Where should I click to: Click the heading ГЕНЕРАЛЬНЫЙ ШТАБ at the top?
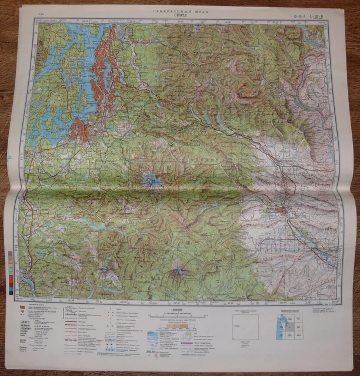[x=176, y=11]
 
